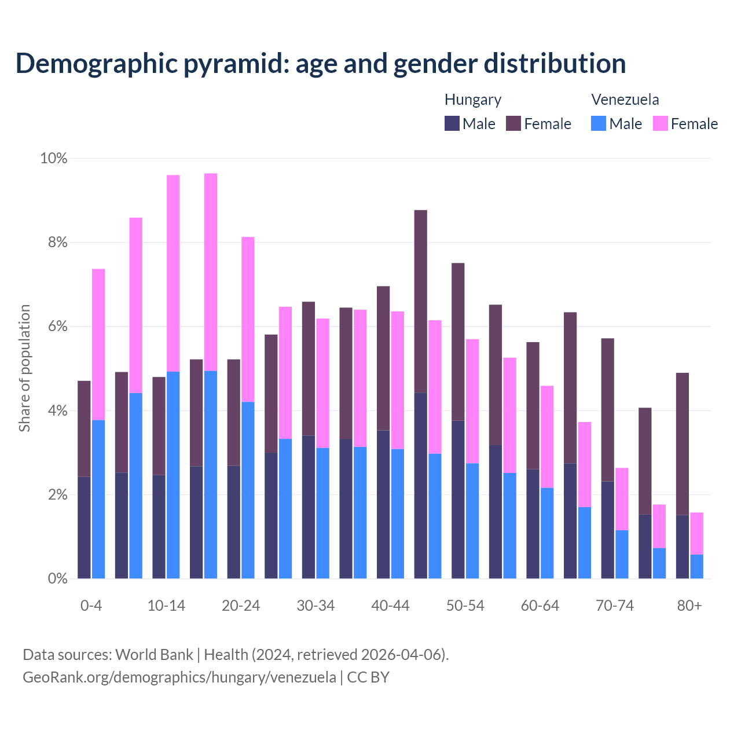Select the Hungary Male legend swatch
click(x=452, y=123)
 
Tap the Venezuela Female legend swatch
click(x=661, y=123)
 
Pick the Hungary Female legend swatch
click(x=513, y=123)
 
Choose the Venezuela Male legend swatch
click(x=599, y=123)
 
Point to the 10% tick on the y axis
click(x=53, y=158)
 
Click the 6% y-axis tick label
click(x=57, y=327)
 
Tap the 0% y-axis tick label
click(x=57, y=578)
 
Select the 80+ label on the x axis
click(x=689, y=606)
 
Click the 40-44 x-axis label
click(x=390, y=606)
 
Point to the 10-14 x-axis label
click(x=166, y=606)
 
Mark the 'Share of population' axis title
click(x=24, y=368)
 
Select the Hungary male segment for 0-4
click(x=84, y=527)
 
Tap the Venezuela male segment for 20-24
click(x=248, y=490)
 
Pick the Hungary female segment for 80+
click(x=683, y=443)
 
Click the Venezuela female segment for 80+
click(x=697, y=533)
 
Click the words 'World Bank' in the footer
click(x=154, y=655)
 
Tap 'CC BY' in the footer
click(x=368, y=677)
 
